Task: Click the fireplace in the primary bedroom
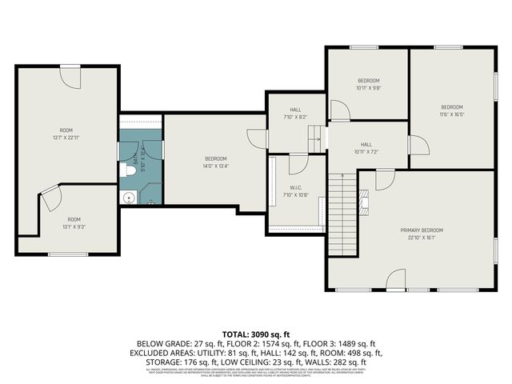(x=364, y=202)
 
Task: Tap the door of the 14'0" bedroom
(x=257, y=138)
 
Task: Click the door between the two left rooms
(x=50, y=198)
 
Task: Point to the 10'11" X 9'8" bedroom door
(x=339, y=110)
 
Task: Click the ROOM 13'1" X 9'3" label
(x=74, y=223)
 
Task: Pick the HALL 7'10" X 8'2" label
(x=295, y=114)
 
